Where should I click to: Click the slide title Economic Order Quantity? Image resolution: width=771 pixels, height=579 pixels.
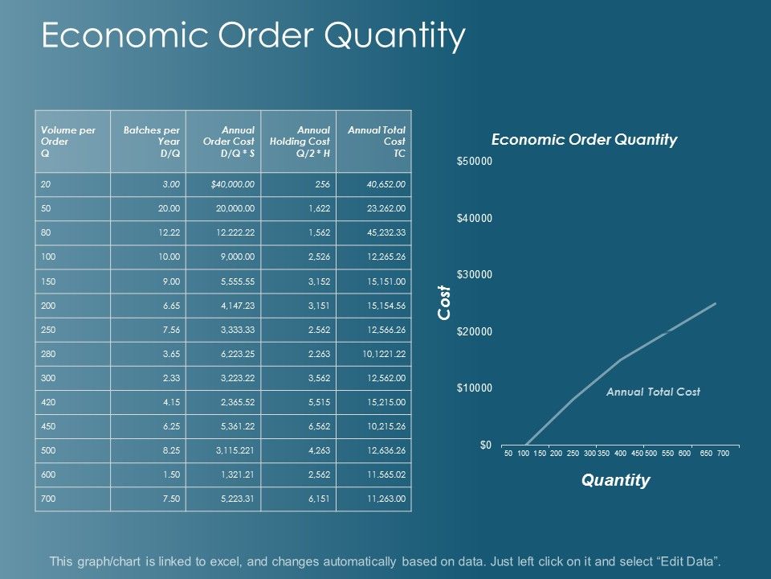click(253, 36)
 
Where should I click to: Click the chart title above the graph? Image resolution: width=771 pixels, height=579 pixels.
click(584, 139)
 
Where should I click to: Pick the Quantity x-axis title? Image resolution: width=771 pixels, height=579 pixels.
click(615, 481)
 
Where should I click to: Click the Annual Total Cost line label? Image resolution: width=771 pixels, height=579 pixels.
click(653, 392)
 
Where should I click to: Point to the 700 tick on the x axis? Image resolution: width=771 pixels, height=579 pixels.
click(723, 454)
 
